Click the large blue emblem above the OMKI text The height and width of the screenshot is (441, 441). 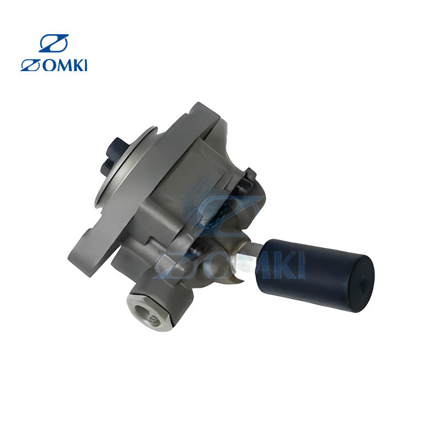[x=53, y=44]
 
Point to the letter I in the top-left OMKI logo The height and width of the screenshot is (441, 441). [x=86, y=65]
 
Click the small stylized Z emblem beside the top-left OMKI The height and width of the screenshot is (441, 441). [x=30, y=65]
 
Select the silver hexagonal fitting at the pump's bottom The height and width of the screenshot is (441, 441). [x=148, y=311]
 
